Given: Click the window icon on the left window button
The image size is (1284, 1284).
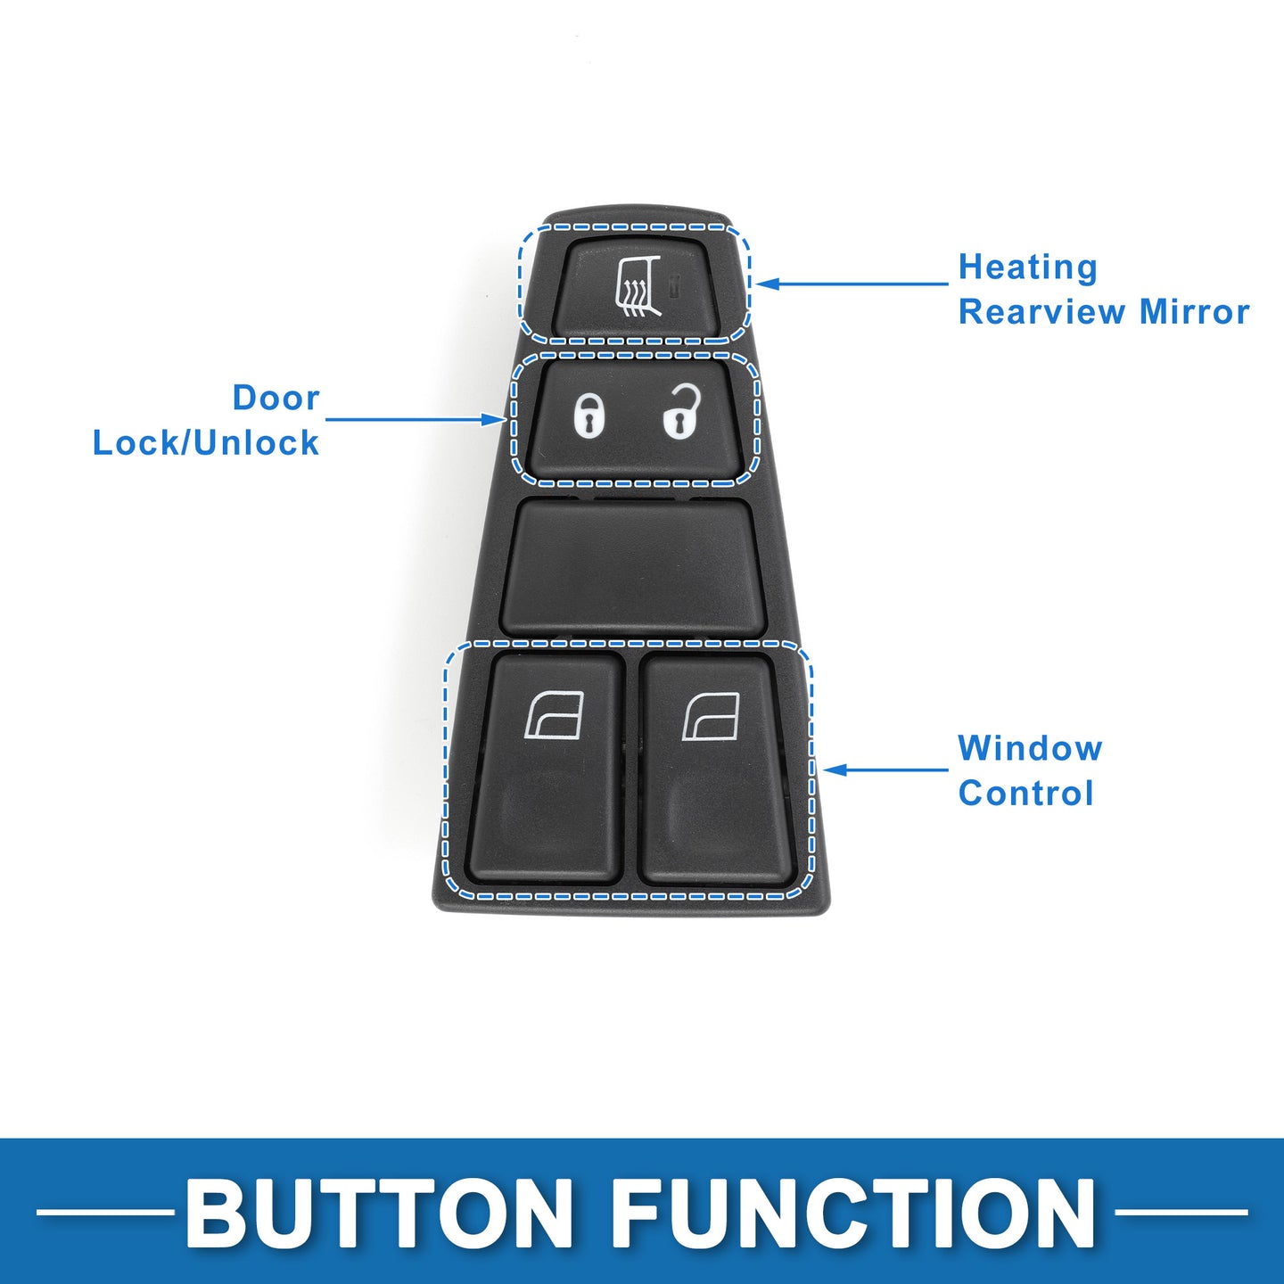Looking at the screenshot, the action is (555, 716).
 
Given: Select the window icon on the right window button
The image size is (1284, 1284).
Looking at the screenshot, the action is (712, 716).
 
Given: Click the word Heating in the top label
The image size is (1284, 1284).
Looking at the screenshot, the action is (1027, 267).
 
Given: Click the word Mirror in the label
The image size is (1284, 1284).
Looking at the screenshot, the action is (1194, 312).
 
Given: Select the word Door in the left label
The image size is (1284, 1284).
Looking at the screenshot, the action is (276, 398).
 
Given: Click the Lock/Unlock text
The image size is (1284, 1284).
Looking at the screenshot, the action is (206, 442).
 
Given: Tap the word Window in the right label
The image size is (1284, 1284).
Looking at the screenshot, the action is (1030, 747).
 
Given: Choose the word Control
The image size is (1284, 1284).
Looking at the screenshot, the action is (1026, 793).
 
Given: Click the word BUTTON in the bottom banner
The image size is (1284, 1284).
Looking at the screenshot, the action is (378, 1213).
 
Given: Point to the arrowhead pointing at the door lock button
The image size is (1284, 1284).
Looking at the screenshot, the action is (494, 419).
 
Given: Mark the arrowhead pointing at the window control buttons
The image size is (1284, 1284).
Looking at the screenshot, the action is (835, 770).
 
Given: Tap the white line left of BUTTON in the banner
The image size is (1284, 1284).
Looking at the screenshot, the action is (106, 1212).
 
